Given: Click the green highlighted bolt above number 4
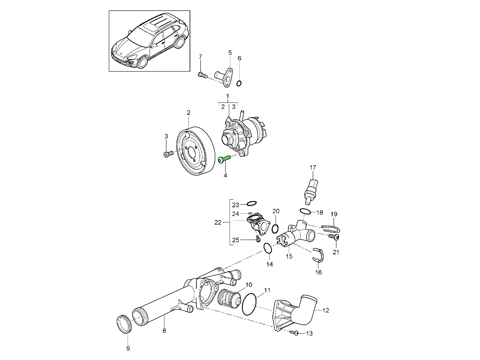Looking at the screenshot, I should coord(225,159).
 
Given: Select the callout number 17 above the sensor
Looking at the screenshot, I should coord(313,167).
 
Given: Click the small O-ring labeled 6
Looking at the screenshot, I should coord(239,83).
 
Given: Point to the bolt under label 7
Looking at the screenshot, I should coord(202,74).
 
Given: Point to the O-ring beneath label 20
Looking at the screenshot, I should coord(275,228).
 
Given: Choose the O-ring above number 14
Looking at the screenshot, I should coord(268,250).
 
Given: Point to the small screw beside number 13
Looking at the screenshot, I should coord(295,333).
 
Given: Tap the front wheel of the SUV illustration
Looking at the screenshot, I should coord(143,62).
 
